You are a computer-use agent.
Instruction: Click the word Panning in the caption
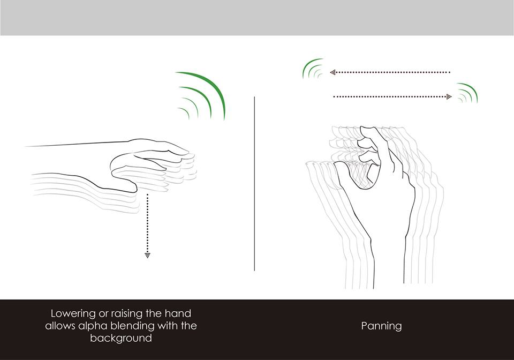point(381,326)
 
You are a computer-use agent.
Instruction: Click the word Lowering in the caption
point(73,314)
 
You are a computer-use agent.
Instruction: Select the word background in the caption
point(121,337)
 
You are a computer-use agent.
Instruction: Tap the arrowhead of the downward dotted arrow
point(148,255)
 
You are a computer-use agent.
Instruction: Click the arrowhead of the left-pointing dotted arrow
point(333,72)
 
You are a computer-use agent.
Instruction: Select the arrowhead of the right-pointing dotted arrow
point(449,97)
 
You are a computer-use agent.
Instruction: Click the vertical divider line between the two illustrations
point(254,184)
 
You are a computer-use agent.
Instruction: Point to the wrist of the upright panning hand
point(389,249)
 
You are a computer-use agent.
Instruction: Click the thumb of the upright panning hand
point(344,174)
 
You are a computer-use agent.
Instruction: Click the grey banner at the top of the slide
point(257,18)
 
